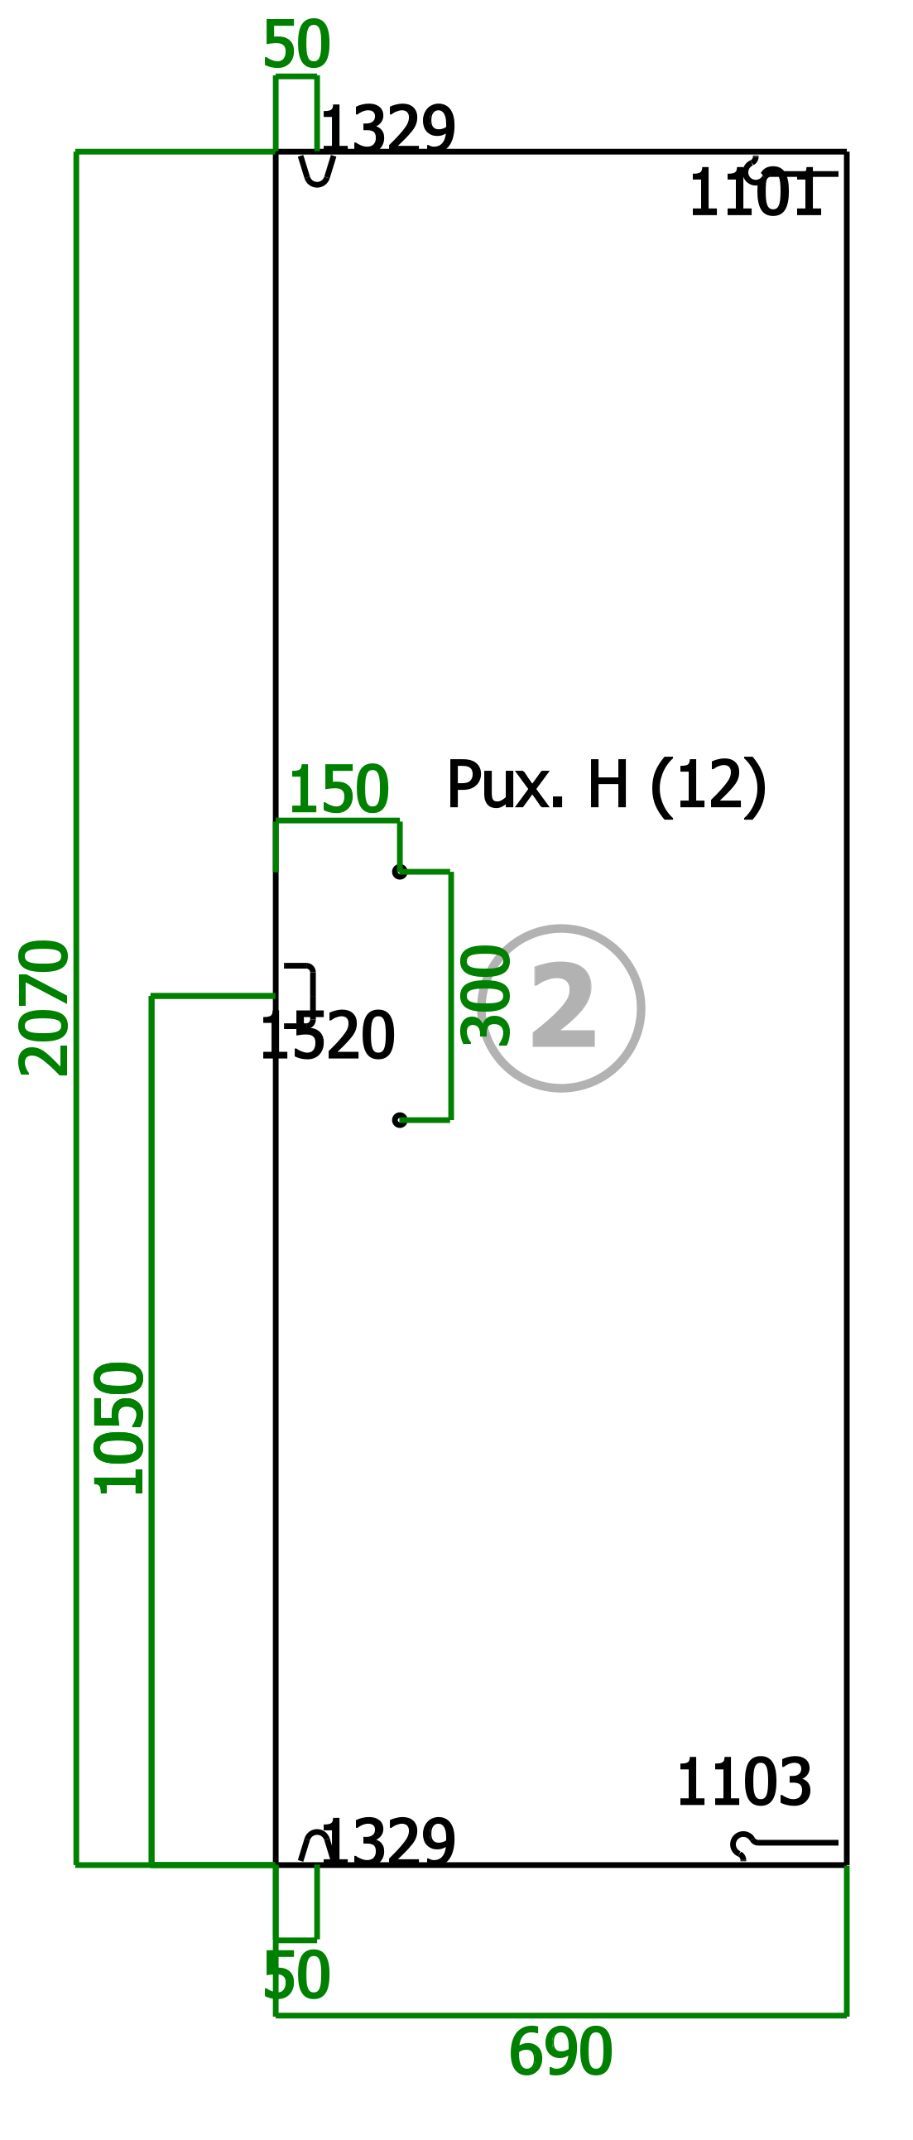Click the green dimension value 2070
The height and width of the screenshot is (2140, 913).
[x=44, y=1007]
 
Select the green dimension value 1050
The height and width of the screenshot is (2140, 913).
[x=120, y=1428]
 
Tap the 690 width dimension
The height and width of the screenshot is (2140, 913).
[x=560, y=2053]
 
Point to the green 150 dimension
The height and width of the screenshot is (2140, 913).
[x=338, y=789]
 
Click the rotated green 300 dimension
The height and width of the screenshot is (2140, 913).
[x=486, y=994]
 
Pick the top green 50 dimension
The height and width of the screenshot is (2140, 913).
[x=296, y=44]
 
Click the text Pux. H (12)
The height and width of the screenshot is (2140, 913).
[x=607, y=786]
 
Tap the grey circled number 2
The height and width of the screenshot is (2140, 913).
[x=561, y=1007]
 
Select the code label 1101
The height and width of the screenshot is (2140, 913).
[x=755, y=194]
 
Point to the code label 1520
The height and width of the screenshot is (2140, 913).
[x=327, y=1036]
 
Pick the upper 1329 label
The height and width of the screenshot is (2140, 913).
[x=388, y=130]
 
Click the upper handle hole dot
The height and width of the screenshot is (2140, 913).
[x=400, y=872]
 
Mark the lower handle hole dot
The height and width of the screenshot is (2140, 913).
[x=400, y=1120]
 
